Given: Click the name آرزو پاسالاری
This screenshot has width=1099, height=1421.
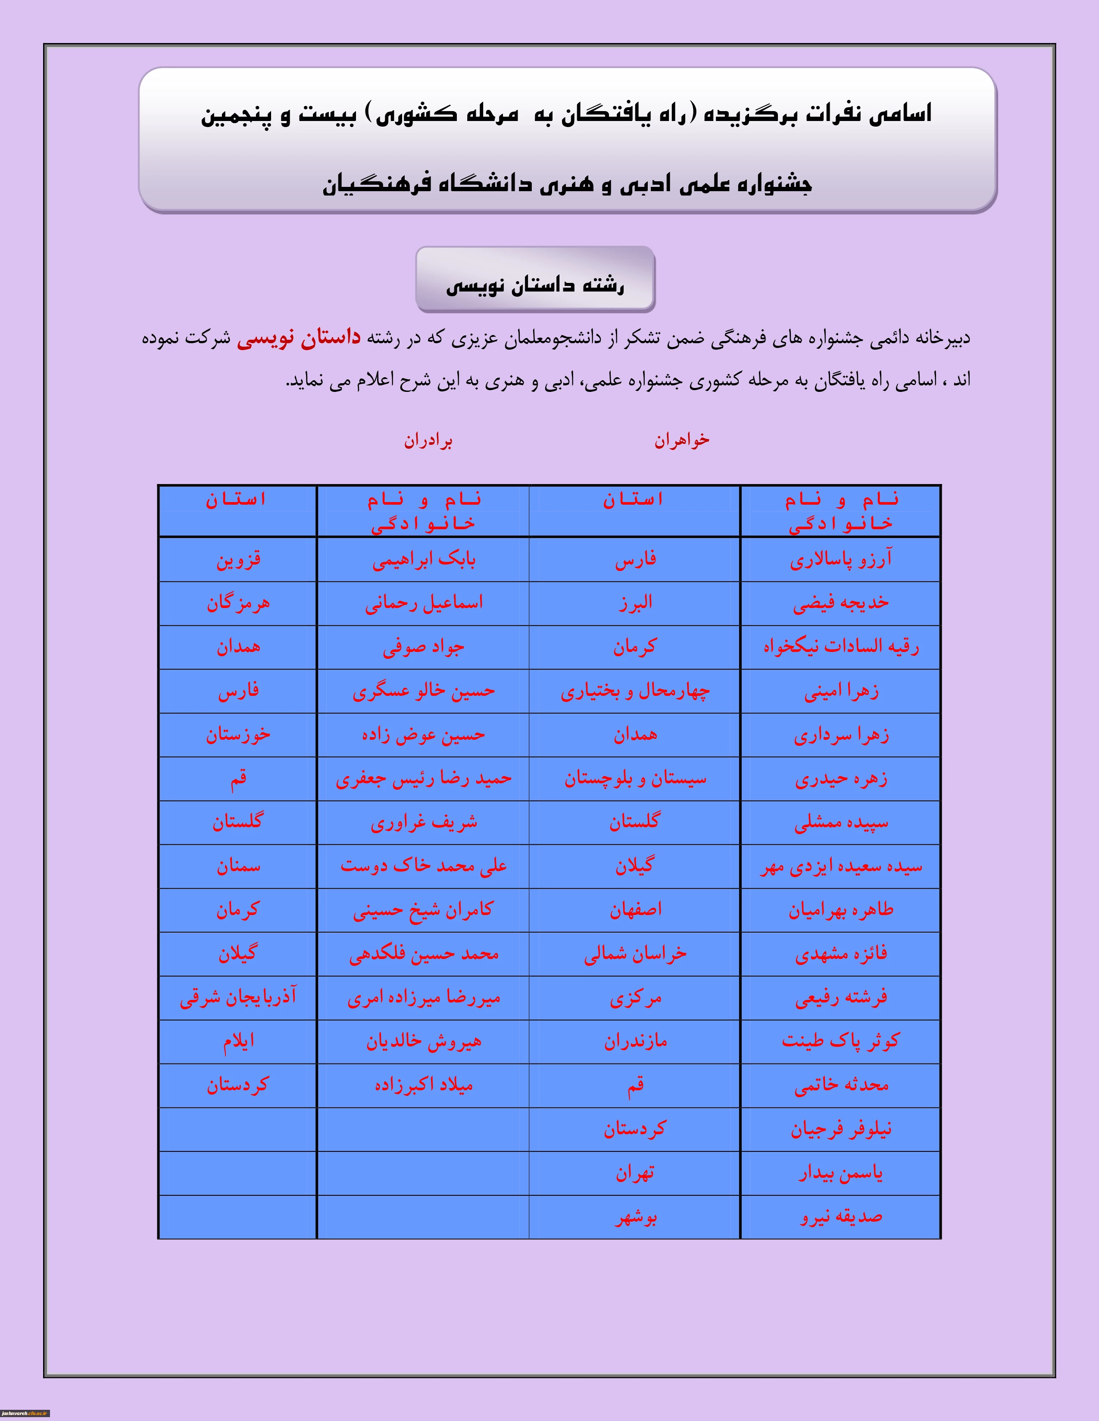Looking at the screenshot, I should click(x=840, y=559).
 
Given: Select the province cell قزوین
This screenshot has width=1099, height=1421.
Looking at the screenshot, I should click(x=238, y=559).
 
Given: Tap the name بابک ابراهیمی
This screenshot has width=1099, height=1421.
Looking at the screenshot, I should click(x=424, y=559).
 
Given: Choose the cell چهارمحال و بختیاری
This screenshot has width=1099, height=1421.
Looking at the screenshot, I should click(x=635, y=691).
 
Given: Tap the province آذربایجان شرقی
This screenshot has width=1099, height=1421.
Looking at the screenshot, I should click(x=238, y=997).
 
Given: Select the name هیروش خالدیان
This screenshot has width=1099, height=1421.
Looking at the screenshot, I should click(x=424, y=1042).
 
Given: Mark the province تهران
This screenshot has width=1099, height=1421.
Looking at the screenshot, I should click(x=635, y=1173).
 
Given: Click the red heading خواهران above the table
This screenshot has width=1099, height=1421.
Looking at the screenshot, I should click(x=682, y=441).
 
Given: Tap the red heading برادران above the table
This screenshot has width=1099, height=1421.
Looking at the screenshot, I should click(x=428, y=441).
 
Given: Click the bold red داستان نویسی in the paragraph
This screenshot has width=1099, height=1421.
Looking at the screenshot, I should click(x=298, y=338).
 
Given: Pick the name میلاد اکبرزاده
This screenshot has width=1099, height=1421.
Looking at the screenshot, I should click(x=424, y=1085).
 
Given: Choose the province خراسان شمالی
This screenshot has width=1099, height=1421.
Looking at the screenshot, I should click(x=635, y=954).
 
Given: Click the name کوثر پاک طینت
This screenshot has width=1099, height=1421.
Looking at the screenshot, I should click(x=840, y=1041).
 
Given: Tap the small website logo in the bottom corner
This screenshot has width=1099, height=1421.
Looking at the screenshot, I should click(x=24, y=1415).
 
